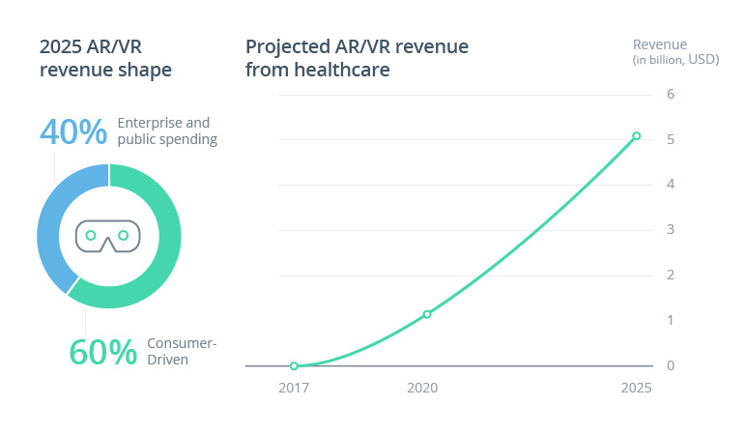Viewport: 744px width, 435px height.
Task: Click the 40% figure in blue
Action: click(x=72, y=131)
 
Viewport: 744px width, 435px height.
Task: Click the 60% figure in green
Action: click(x=102, y=353)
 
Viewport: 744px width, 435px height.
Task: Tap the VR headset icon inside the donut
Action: click(x=108, y=236)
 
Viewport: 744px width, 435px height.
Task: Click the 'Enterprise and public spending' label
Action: click(x=166, y=131)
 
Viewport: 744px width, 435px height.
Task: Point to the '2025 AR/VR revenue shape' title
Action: click(x=105, y=58)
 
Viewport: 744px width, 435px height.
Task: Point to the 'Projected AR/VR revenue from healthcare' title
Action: click(x=357, y=58)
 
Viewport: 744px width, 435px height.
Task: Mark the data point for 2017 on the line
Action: click(x=294, y=366)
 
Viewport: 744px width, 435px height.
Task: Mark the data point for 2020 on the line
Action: click(x=427, y=314)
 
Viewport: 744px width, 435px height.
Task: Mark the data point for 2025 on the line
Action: click(x=636, y=136)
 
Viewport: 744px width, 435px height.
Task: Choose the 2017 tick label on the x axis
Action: click(x=294, y=388)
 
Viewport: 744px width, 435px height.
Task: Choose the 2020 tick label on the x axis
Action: click(x=422, y=388)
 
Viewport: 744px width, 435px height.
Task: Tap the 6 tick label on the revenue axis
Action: click(x=671, y=94)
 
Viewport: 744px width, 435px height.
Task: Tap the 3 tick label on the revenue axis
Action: click(x=671, y=230)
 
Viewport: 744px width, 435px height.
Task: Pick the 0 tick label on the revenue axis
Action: click(x=671, y=365)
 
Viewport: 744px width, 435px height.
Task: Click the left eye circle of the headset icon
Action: click(x=91, y=235)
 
